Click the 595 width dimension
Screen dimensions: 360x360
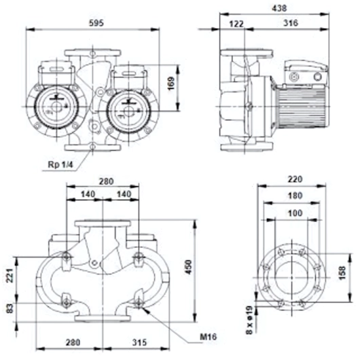click(x=96, y=23)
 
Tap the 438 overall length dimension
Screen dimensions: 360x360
click(x=279, y=9)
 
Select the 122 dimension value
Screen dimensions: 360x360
click(x=236, y=24)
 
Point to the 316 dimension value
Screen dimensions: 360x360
click(x=291, y=23)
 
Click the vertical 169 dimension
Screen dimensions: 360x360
click(x=171, y=84)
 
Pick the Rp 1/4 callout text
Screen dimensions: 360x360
click(x=60, y=164)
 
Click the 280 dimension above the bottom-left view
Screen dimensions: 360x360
click(x=106, y=181)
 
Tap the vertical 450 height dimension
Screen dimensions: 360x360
click(x=189, y=267)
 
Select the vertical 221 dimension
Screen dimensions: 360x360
click(x=10, y=276)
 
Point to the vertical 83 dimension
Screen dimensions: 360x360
click(x=10, y=309)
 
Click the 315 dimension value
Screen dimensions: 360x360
click(x=139, y=342)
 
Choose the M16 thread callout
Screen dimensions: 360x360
click(x=209, y=337)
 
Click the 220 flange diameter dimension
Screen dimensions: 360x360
click(x=295, y=179)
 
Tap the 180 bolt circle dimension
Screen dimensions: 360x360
click(x=295, y=196)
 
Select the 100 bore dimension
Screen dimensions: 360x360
click(x=295, y=213)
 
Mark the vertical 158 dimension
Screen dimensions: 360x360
click(x=342, y=273)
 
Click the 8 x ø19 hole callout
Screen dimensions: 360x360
click(x=249, y=321)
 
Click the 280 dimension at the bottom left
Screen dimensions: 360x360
click(x=73, y=342)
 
